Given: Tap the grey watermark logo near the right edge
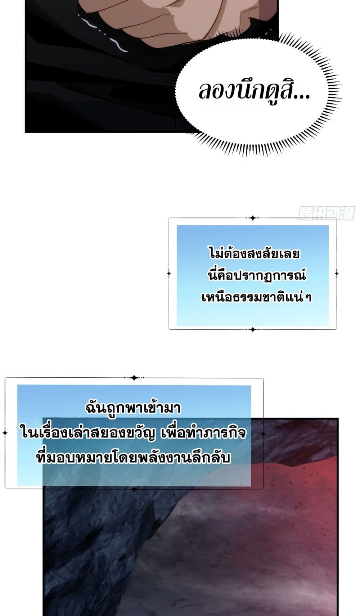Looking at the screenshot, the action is (x=327, y=213).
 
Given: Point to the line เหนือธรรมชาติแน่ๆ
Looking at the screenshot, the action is (x=257, y=297).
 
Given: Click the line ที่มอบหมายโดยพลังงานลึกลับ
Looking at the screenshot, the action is (x=134, y=458).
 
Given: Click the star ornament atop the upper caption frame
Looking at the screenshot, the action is (x=253, y=218).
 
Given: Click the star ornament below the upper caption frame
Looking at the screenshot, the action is (x=253, y=329).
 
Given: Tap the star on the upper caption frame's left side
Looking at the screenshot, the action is (x=169, y=273).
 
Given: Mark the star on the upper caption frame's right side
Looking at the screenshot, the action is (x=337, y=274).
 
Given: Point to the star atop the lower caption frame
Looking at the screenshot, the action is (x=134, y=378).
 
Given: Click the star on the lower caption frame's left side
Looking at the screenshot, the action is (x=5, y=433).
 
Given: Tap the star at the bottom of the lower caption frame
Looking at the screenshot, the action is (x=134, y=489).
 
